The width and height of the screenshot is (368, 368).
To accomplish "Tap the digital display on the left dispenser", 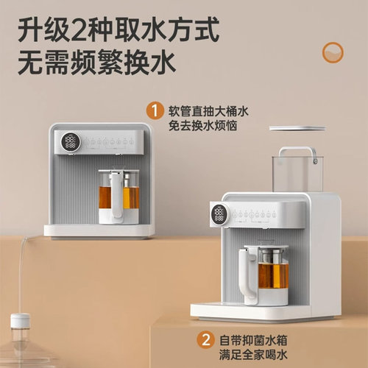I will (x=71, y=142).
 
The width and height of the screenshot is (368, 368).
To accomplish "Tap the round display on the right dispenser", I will (x=219, y=214).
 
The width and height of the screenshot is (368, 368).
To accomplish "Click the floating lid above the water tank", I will (x=297, y=129).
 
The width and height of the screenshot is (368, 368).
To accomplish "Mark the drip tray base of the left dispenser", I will (x=99, y=230).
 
